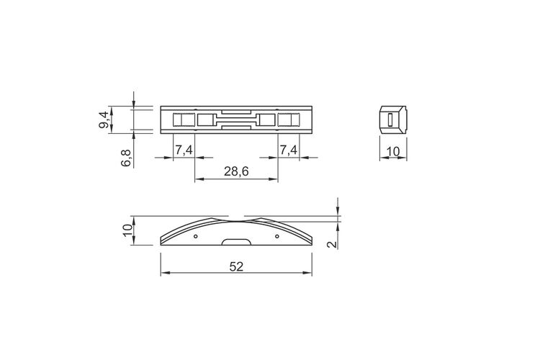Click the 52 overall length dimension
point(236,266)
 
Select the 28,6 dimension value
point(236,171)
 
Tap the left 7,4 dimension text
point(184,150)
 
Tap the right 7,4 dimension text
point(288,150)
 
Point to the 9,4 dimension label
point(104,120)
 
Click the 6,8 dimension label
point(126,158)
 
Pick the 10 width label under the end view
point(393,151)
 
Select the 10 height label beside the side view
point(127,230)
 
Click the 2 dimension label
point(332,244)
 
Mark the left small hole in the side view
point(196,236)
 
